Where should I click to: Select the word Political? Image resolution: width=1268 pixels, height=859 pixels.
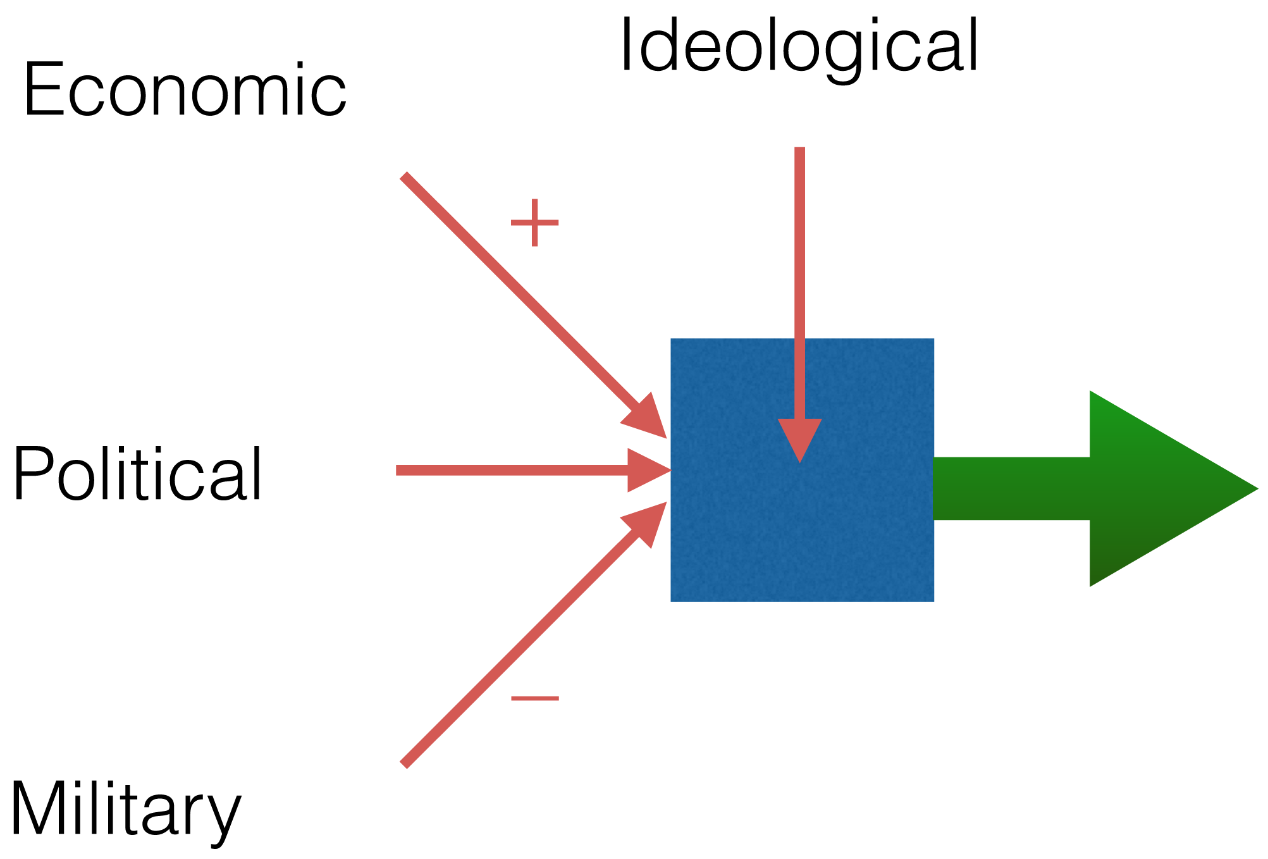click(x=137, y=474)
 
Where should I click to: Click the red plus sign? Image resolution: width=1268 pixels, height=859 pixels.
click(x=534, y=223)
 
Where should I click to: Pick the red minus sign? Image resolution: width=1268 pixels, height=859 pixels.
click(x=534, y=698)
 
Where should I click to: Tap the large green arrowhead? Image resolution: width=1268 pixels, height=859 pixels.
click(x=1157, y=488)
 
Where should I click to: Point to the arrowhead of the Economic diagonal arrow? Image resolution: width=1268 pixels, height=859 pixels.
click(x=648, y=419)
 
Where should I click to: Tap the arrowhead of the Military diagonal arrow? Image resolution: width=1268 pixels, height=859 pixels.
click(x=648, y=521)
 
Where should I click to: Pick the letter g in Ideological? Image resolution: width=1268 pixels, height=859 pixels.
click(x=809, y=54)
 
